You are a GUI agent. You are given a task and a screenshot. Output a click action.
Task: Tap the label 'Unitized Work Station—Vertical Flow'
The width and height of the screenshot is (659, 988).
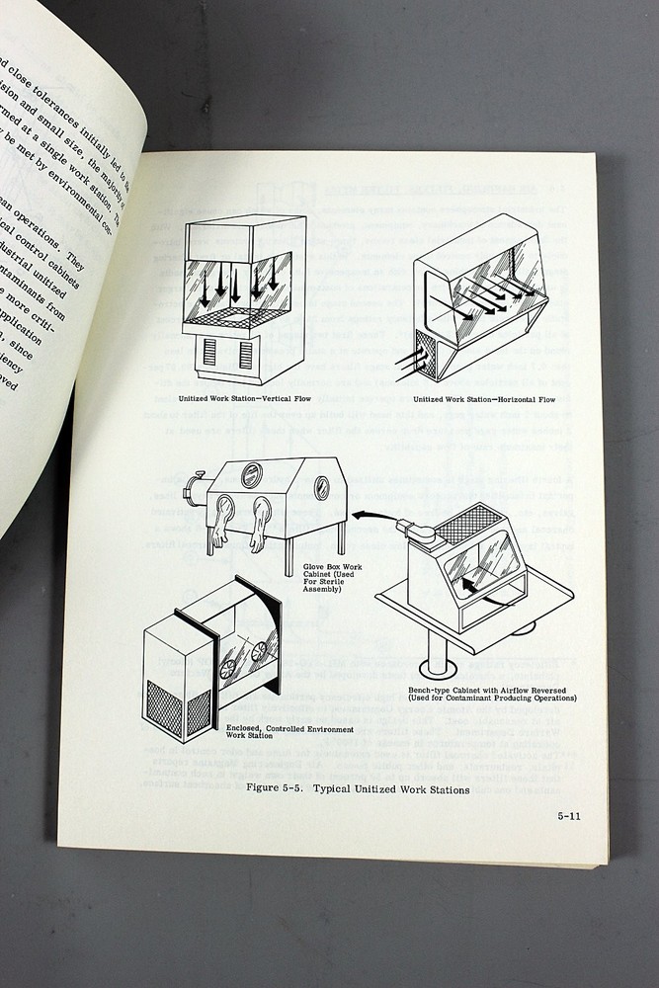(242, 400)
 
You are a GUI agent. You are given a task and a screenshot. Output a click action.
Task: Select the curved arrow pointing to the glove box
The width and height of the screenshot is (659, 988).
(367, 517)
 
